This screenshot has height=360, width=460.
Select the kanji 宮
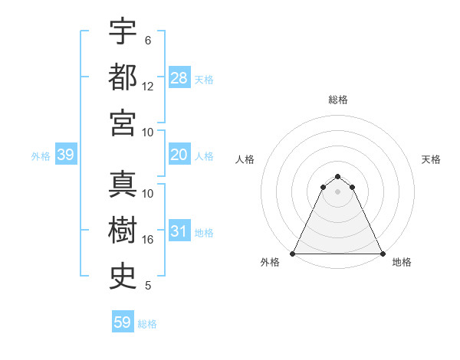click(x=123, y=123)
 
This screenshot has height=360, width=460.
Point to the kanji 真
click(x=123, y=185)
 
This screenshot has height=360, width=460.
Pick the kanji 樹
click(x=123, y=231)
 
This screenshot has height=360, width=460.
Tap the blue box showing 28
click(x=179, y=78)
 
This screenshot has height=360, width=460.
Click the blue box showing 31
click(x=179, y=232)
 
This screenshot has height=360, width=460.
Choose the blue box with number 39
click(x=66, y=155)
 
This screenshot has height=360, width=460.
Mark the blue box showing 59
click(x=123, y=322)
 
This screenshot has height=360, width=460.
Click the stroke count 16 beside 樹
click(x=148, y=240)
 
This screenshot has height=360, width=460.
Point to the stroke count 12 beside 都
click(x=148, y=86)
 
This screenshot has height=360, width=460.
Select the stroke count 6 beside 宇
click(x=148, y=40)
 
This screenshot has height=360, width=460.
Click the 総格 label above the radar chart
click(x=338, y=100)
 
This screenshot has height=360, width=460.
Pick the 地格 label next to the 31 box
click(x=204, y=233)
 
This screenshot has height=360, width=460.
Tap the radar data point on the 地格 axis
click(x=383, y=254)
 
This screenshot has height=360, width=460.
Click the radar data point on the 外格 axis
click(x=293, y=254)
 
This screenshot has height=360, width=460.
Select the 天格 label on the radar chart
click(x=431, y=159)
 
